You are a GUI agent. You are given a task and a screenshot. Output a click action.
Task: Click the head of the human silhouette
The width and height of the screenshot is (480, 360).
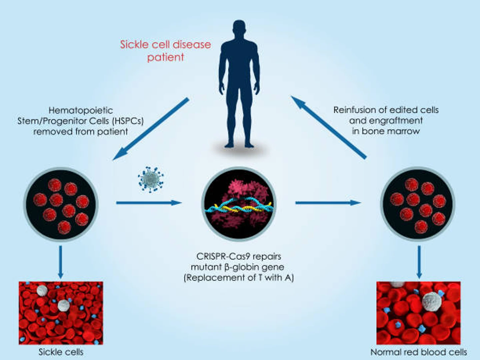pos(239,30)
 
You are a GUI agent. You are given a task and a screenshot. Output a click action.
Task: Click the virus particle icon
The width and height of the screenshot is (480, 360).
pos(151,179)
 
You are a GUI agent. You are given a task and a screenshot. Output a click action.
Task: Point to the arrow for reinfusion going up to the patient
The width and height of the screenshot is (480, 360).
pos(328,127)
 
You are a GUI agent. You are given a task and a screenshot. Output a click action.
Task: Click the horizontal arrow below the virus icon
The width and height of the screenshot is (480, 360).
pos(149,203)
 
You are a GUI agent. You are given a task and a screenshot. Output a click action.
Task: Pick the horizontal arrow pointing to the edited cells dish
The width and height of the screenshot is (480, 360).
pos(328,203)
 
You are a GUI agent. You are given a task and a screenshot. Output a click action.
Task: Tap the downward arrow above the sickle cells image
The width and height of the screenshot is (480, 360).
pos(60,262)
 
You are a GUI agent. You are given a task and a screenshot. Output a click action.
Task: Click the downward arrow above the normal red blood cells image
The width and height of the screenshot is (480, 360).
pos(419,262)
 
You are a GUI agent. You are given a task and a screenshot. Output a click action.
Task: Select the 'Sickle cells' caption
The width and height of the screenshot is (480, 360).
pos(61,352)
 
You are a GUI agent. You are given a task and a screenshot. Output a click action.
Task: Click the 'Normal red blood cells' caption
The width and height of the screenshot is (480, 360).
pos(419,352)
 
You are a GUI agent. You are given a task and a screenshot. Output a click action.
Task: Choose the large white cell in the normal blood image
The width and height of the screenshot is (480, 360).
pos(432,301)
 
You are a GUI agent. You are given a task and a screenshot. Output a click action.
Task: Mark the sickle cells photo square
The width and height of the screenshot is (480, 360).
pos(61,313)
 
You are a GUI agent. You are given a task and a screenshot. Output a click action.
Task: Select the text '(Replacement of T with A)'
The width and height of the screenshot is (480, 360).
pos(239,277)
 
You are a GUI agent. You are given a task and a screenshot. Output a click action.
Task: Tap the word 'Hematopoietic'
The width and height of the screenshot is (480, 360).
pos(81,110)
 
